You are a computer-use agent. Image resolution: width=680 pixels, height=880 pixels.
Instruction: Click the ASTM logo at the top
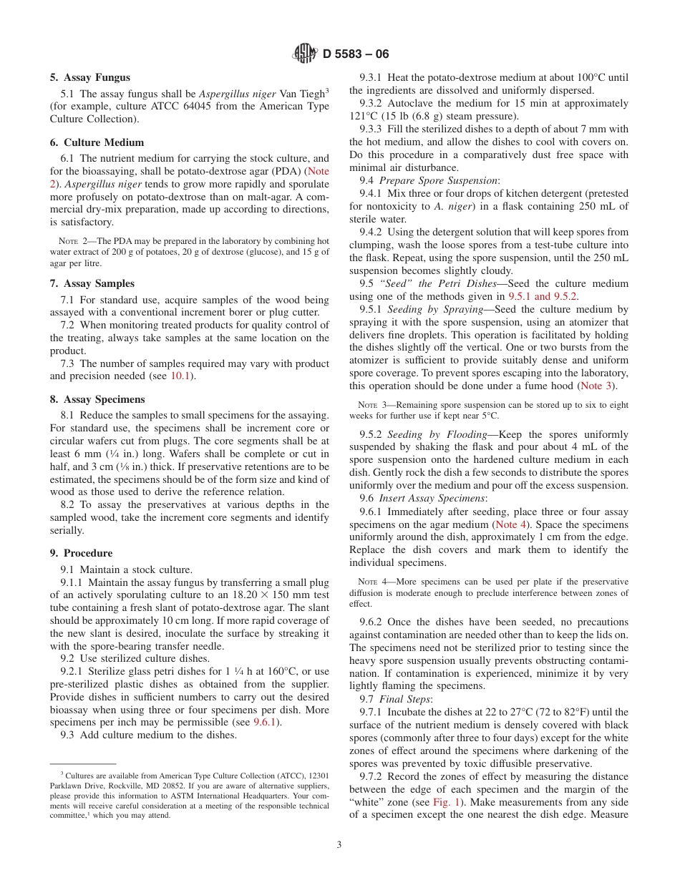(x=306, y=54)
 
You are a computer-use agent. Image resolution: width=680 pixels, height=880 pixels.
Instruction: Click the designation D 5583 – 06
(x=356, y=54)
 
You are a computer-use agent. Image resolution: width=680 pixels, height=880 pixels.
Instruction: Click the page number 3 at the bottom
(x=339, y=844)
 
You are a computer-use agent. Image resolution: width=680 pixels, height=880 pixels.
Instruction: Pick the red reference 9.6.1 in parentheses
(x=266, y=722)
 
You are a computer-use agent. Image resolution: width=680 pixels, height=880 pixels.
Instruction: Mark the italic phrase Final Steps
(x=405, y=699)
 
